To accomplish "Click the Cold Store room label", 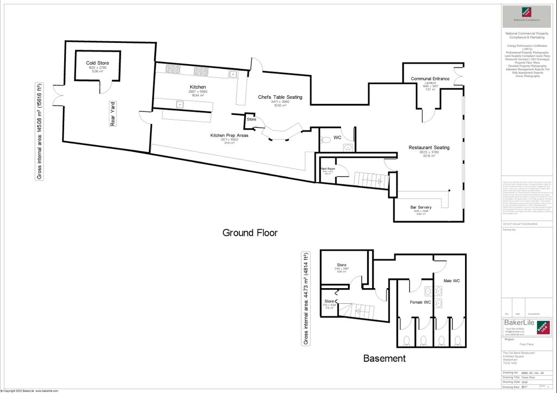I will tap(97, 63).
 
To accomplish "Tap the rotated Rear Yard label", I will tap(113, 114).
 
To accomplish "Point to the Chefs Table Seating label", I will tap(280, 97).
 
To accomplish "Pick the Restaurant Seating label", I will tap(429, 147).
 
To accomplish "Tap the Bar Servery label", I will tap(421, 207).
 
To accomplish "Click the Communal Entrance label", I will tap(430, 79).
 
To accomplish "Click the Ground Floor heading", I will tap(250, 233).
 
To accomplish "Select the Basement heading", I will tap(384, 358).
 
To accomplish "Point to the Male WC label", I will tap(452, 280).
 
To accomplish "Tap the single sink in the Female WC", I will tap(428, 290).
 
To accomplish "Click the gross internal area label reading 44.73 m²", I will tap(305, 298).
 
